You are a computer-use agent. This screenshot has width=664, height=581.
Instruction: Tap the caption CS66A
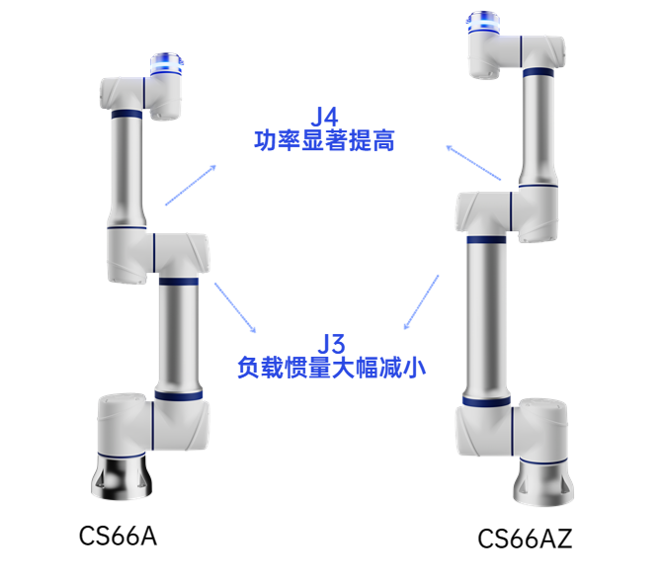pos(118,537)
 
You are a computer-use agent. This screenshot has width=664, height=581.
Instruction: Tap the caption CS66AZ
pos(525,539)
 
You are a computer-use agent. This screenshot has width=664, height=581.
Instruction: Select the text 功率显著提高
pos(324,142)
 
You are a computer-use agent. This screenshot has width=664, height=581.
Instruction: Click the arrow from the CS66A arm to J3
pos(237,307)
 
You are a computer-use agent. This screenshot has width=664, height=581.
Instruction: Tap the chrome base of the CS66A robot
pos(124,475)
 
